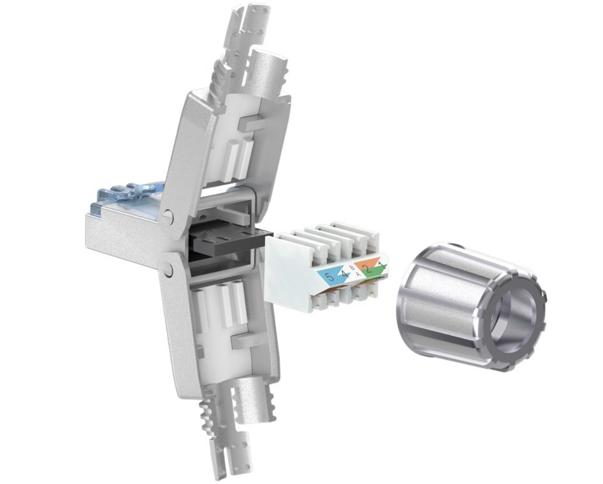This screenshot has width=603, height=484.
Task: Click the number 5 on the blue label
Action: click(x=329, y=276)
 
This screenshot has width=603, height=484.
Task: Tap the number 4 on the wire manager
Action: click(x=345, y=274)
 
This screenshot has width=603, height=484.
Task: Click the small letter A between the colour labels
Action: click(x=358, y=275)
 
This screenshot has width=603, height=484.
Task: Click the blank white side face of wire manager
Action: click(x=288, y=271)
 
